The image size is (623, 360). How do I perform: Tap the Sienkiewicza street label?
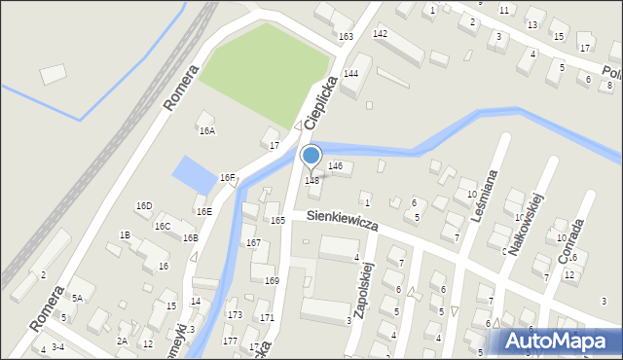tap(341, 222)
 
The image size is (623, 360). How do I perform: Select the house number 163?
tap(346, 37)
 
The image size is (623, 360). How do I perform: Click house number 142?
tap(380, 34)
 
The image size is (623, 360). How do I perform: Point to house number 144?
tap(350, 74)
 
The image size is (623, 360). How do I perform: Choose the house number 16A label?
tap(206, 130)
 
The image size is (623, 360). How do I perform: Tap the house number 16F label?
tap(227, 178)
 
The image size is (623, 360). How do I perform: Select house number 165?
tap(277, 221)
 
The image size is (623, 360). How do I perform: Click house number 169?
tap(272, 280)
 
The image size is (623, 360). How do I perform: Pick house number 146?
tap(336, 166)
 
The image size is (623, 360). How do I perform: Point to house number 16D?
tap(144, 206)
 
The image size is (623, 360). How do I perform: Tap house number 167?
tap(253, 242)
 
